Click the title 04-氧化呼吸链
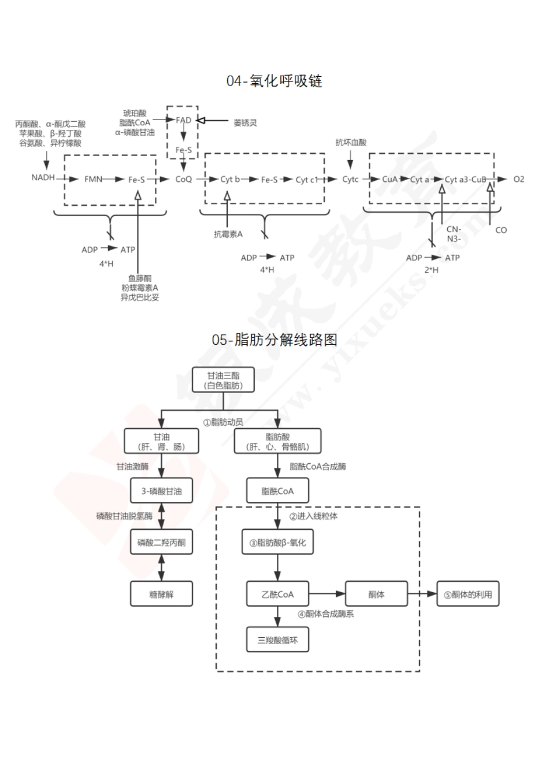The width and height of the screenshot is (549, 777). coord(274,81)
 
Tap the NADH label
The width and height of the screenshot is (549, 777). coord(43,177)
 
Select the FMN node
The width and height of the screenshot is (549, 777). coord(92,179)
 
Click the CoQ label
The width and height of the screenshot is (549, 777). coord(183,179)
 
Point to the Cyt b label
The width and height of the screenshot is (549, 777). coord(229,180)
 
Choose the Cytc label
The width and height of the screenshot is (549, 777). coord(350,179)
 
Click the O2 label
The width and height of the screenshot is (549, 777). coord(518,179)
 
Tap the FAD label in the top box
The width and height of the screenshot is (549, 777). coord(183,120)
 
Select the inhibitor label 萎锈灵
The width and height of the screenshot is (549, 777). coord(245,123)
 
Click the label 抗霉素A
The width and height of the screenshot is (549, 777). coord(228,234)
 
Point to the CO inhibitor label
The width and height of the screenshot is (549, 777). coord(501,230)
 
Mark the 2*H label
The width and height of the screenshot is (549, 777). coord(432,270)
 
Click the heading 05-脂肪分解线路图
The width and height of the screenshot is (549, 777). coord(274,340)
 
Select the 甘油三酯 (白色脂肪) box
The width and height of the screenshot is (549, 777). coord(223,380)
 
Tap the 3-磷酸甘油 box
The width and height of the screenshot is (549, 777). coord(161,491)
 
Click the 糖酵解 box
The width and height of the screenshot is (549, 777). coord(161,594)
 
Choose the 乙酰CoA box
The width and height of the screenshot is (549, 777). coord(277,594)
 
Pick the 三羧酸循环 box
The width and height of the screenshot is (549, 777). coord(277,640)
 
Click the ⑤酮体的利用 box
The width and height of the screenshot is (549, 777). coord(468,594)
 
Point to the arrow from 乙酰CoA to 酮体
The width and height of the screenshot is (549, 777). coord(327,594)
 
